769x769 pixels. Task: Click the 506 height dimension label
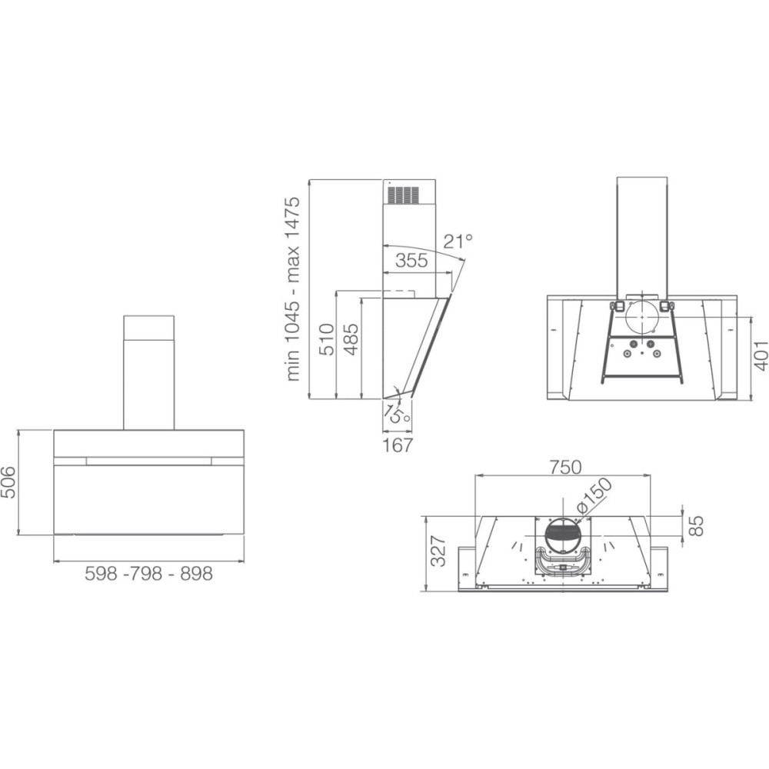click(x=9, y=482)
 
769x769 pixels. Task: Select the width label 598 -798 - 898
click(x=149, y=574)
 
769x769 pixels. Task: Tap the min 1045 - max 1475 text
click(x=293, y=289)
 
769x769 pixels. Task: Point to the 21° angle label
click(x=458, y=241)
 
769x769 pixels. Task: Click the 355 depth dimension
click(x=411, y=261)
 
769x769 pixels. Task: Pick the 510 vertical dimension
click(x=326, y=339)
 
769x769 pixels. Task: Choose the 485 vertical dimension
click(x=351, y=339)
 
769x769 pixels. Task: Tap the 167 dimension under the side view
click(x=398, y=444)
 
